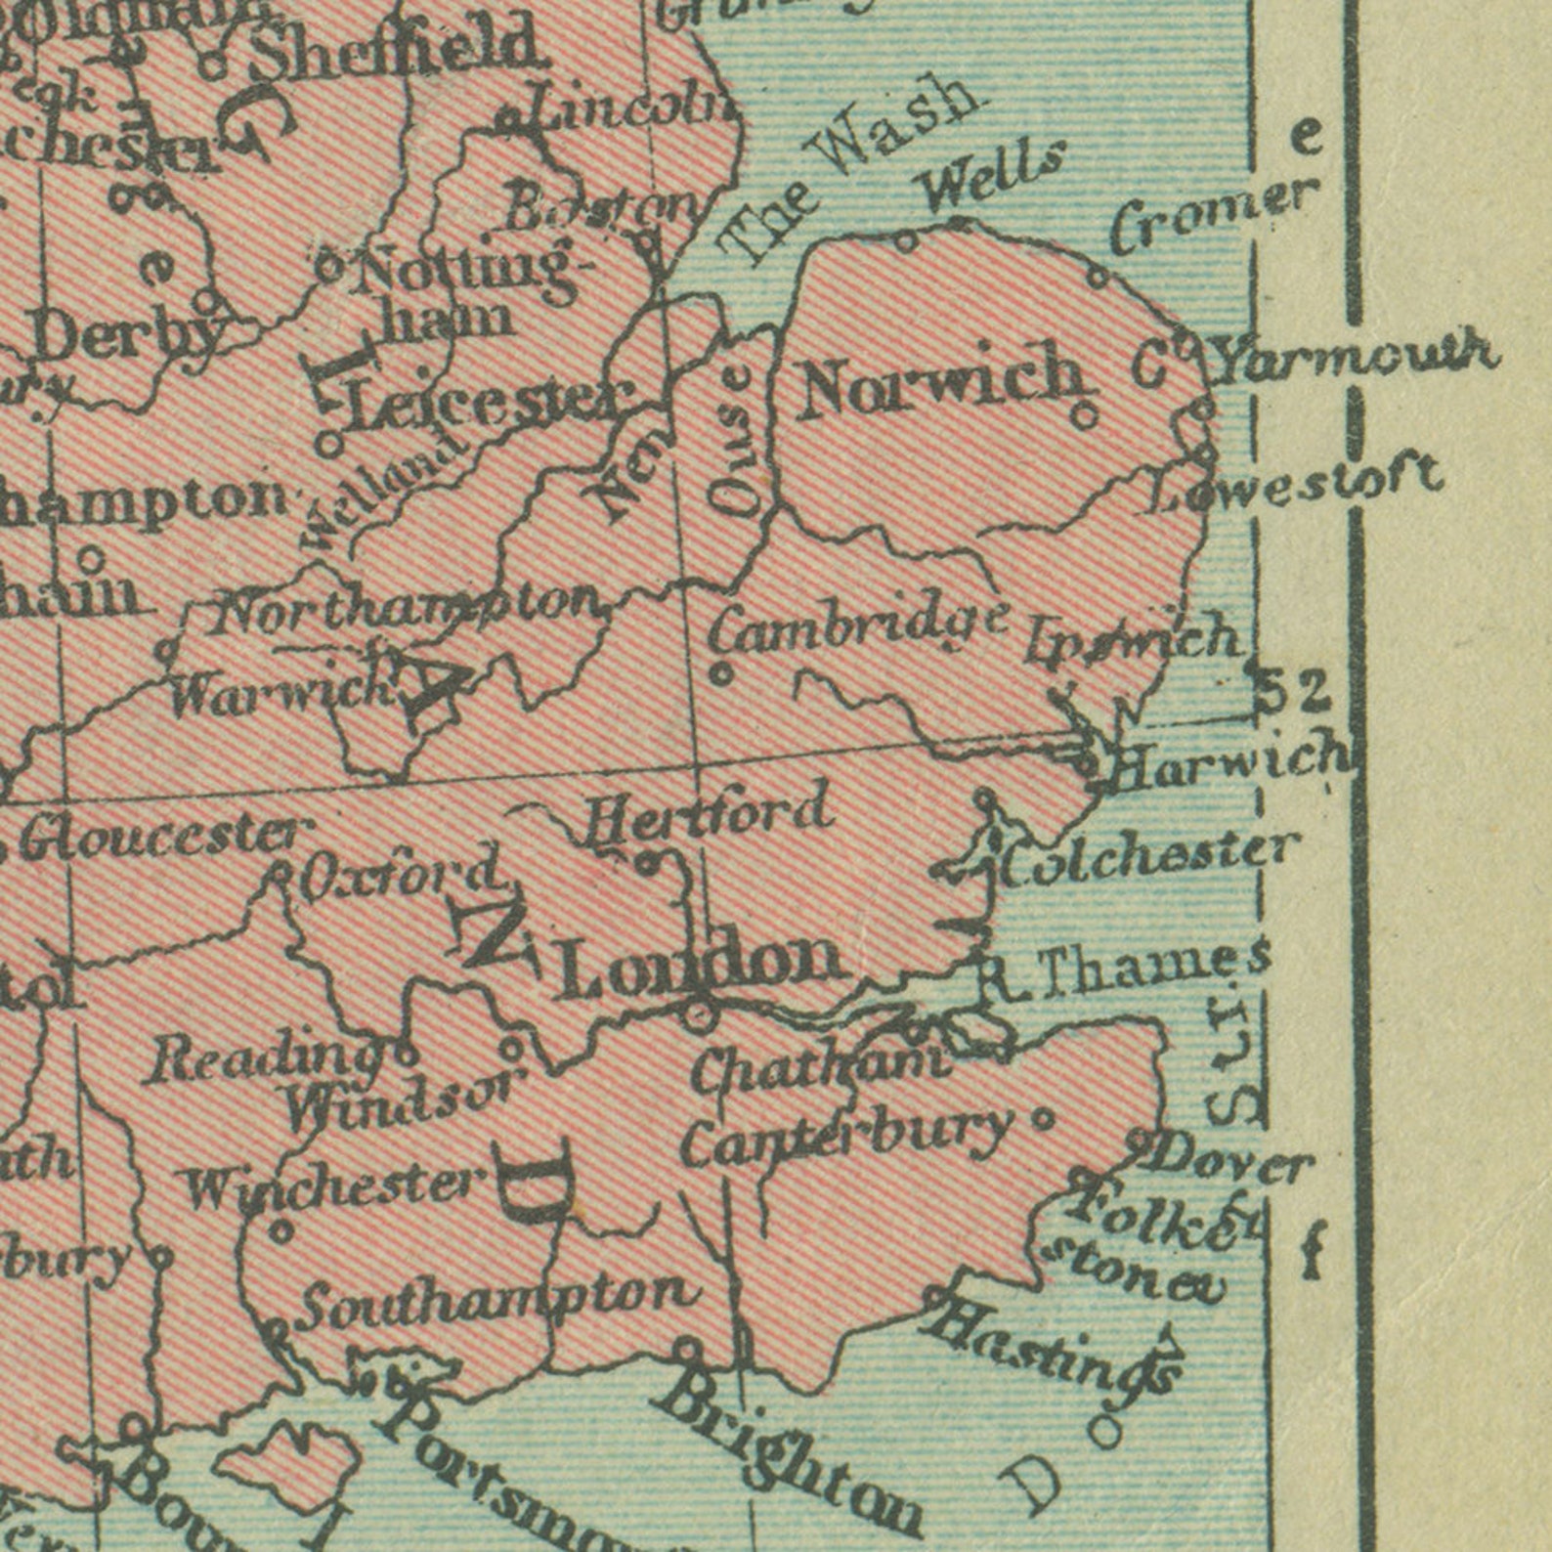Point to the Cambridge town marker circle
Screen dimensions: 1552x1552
(x=721, y=673)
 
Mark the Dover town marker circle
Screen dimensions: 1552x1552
(x=1138, y=1141)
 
